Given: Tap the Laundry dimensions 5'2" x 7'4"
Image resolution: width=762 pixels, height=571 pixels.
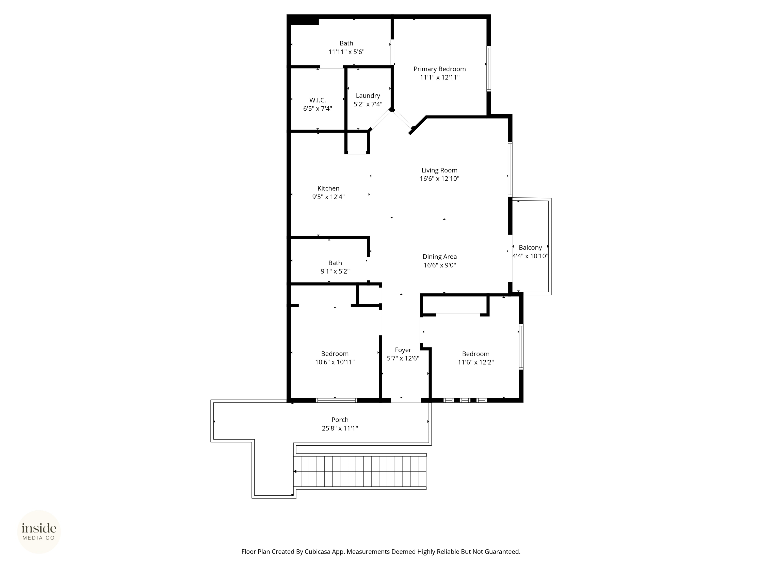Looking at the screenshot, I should [368, 104].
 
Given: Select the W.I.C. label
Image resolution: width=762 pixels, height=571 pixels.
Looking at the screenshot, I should [317, 100].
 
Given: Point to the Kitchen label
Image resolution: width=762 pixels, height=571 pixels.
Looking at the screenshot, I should [328, 188].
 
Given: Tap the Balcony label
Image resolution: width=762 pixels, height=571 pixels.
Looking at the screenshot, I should [530, 247].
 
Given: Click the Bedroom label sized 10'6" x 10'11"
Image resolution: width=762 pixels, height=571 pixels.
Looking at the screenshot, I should [335, 354].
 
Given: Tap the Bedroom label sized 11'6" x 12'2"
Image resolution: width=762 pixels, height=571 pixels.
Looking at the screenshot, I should [475, 354].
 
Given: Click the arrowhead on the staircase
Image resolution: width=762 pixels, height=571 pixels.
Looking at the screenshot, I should [295, 471].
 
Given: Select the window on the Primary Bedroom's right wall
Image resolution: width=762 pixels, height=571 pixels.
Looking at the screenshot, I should [488, 69].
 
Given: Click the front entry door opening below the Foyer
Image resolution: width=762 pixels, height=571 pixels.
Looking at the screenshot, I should [406, 400].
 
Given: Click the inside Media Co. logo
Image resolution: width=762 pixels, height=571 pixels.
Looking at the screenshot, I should [39, 532].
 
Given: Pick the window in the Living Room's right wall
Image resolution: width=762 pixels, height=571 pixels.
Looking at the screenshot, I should [510, 169].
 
